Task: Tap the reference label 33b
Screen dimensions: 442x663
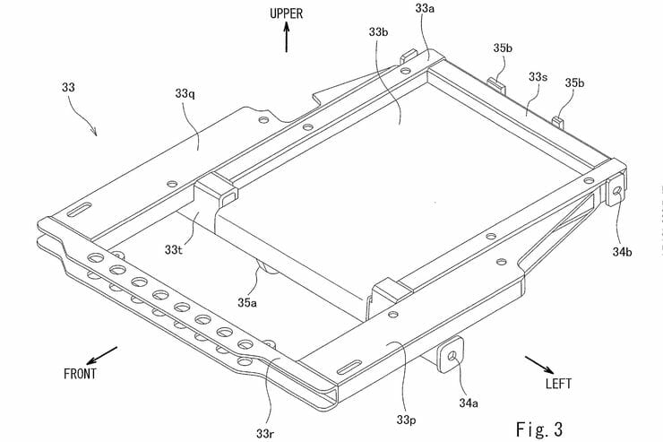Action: pyautogui.click(x=377, y=31)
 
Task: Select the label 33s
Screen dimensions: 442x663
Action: pyautogui.click(x=537, y=78)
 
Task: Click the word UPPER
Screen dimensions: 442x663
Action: pyautogui.click(x=286, y=14)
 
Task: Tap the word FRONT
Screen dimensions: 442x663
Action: pyautogui.click(x=82, y=372)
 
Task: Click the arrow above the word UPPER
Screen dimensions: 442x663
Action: pyautogui.click(x=286, y=39)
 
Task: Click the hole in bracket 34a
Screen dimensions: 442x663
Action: pyautogui.click(x=452, y=356)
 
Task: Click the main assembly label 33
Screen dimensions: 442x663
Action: pyautogui.click(x=69, y=88)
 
